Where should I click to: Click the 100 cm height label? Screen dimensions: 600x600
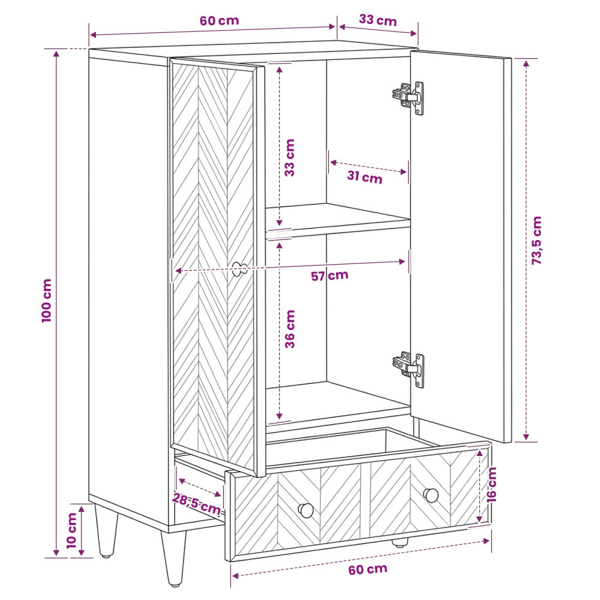pyautogui.click(x=47, y=301)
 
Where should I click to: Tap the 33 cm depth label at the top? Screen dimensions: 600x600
pyautogui.click(x=377, y=20)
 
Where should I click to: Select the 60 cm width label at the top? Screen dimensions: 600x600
pyautogui.click(x=219, y=20)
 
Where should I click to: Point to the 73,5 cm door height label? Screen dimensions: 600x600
pyautogui.click(x=537, y=241)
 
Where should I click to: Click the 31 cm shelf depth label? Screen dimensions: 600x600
pyautogui.click(x=365, y=177)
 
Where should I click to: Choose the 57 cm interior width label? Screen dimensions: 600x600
pyautogui.click(x=329, y=275)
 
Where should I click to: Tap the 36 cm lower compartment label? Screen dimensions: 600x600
pyautogui.click(x=290, y=329)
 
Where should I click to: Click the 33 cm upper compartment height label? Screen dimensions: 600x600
pyautogui.click(x=290, y=158)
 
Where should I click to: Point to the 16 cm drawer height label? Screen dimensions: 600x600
pyautogui.click(x=491, y=484)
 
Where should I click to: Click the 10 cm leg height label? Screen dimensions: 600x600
pyautogui.click(x=71, y=531)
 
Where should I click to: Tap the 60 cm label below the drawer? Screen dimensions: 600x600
pyautogui.click(x=368, y=569)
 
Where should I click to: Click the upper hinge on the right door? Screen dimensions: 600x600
pyautogui.click(x=408, y=97)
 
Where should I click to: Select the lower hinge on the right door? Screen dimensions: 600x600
pyautogui.click(x=408, y=370)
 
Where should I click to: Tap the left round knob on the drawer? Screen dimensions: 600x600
pyautogui.click(x=306, y=510)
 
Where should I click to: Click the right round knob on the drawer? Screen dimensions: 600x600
pyautogui.click(x=431, y=495)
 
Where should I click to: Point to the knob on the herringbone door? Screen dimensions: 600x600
pyautogui.click(x=240, y=269)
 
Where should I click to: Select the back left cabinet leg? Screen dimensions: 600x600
pyautogui.click(x=106, y=530)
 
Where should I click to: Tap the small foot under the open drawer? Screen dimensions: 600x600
pyautogui.click(x=400, y=543)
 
